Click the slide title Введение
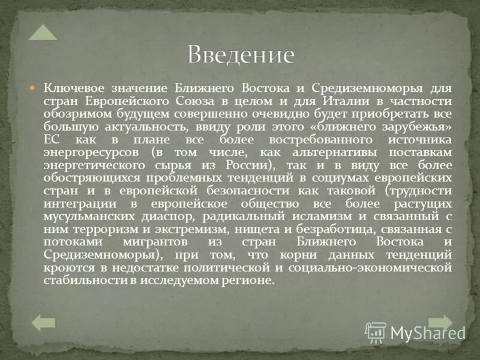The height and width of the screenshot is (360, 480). tap(241, 55)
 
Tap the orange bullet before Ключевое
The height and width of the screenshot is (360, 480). tap(34, 88)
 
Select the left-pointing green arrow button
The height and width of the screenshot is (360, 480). tap(43, 323)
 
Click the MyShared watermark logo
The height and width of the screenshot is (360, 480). tap(416, 332)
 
